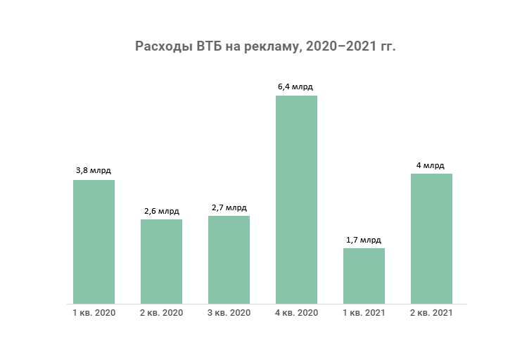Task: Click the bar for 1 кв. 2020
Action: coord(94,242)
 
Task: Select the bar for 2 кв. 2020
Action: coord(161,262)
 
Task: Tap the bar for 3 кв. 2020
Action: coord(229,259)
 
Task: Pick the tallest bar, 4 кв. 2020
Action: coord(296,200)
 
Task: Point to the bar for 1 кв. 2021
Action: coord(364,276)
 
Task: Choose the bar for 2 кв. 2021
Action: coord(431,238)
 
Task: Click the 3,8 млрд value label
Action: coord(94,170)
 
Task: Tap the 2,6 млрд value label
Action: coord(161,210)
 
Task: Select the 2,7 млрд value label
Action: coord(229,207)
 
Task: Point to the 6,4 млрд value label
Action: coord(296,87)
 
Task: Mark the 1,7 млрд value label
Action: coord(364,240)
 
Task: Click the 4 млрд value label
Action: coord(431,165)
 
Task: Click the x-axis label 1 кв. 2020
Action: coord(94,313)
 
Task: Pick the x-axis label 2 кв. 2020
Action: coord(161,313)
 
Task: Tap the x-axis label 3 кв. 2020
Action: coord(229,313)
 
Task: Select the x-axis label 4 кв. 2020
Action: coord(296,313)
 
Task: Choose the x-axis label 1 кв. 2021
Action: coord(364,313)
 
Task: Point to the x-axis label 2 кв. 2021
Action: coord(431,313)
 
